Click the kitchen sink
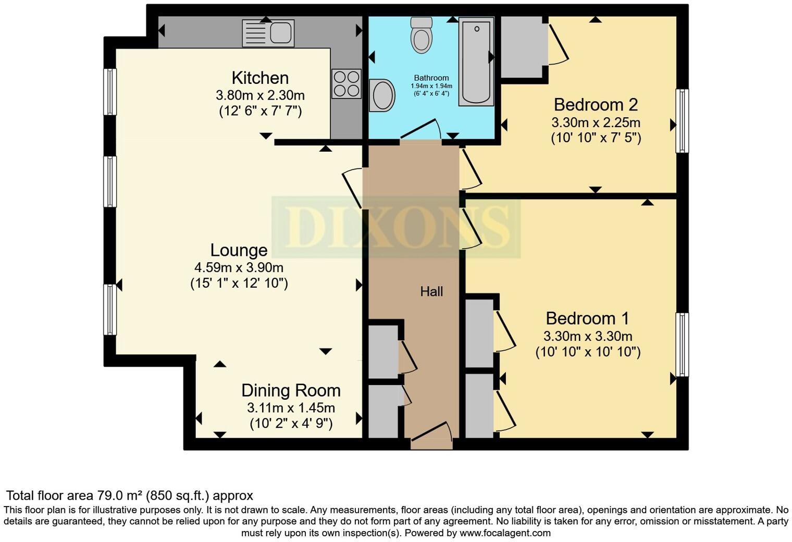click(268, 33)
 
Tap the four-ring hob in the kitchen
click(346, 84)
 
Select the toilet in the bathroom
click(422, 35)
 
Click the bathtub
click(476, 61)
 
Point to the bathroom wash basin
click(381, 95)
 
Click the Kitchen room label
click(260, 78)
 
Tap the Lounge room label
click(239, 250)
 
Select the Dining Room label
click(291, 390)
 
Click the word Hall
click(431, 291)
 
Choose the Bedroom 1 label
click(587, 318)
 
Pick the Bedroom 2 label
click(596, 105)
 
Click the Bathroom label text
click(431, 78)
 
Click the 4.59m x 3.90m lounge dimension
click(239, 268)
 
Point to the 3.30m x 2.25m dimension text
click(596, 123)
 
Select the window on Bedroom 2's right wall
click(682, 121)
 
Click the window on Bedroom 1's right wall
click(682, 344)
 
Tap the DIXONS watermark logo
click(396, 227)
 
